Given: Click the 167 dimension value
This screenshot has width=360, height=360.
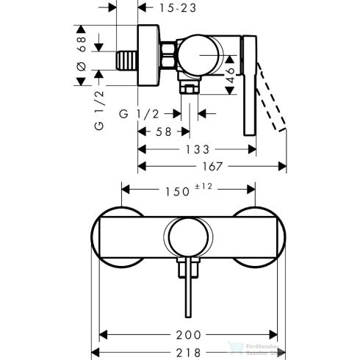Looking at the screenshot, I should coord(208,166).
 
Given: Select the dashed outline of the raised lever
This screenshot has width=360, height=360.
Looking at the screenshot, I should coord(272,103).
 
